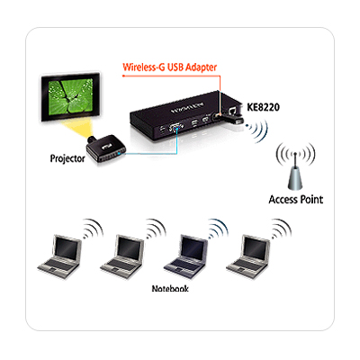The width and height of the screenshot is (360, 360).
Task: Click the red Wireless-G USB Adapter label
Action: [170, 67]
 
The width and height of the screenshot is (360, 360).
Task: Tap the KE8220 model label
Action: [263, 107]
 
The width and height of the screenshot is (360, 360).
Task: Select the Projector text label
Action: [67, 158]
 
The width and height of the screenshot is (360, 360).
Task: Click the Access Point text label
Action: [296, 200]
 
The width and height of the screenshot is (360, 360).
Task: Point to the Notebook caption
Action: [170, 289]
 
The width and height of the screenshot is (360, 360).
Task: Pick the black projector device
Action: [107, 148]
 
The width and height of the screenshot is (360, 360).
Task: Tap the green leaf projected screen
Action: [71, 96]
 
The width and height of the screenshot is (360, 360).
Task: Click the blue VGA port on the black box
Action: [175, 128]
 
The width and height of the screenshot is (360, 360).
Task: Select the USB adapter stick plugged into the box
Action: [229, 118]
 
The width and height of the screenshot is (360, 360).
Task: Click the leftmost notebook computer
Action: [59, 256]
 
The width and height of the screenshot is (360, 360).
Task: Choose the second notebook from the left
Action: [122, 256]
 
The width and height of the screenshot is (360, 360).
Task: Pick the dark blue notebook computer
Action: [185, 256]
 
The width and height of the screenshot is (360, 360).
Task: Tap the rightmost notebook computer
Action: [248, 256]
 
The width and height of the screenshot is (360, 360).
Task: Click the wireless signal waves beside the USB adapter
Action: [257, 130]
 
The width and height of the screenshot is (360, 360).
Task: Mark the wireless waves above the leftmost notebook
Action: [94, 229]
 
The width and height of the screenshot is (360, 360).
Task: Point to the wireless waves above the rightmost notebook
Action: [282, 229]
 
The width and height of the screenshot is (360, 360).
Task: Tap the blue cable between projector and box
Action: [150, 154]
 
